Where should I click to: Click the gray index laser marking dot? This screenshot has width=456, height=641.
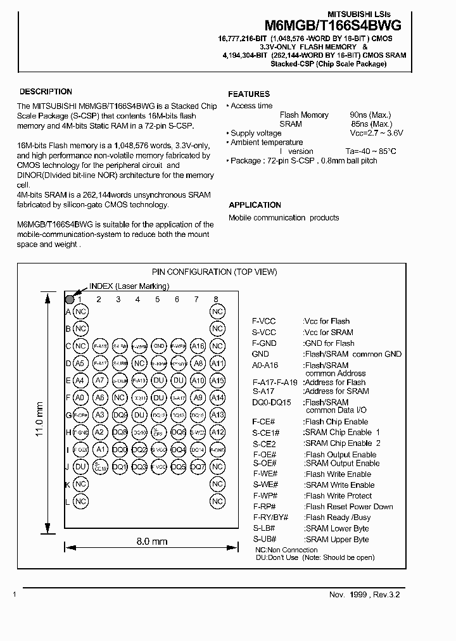click(70, 299)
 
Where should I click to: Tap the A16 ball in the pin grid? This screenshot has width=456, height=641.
click(198, 346)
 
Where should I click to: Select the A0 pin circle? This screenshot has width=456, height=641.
click(80, 398)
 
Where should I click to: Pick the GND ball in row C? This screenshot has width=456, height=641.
click(159, 346)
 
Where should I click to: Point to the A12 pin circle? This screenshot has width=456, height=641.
click(217, 432)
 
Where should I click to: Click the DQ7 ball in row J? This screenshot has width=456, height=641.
click(198, 467)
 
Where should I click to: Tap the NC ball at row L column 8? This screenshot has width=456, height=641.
click(217, 501)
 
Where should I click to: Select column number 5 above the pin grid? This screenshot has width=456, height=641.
click(157, 300)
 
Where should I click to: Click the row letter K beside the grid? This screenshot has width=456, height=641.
click(68, 484)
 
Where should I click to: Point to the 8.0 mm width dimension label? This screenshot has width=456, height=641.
click(152, 542)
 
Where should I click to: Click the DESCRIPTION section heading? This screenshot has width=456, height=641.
click(46, 92)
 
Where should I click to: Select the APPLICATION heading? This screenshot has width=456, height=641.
click(255, 205)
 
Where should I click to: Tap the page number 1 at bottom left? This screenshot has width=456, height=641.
click(15, 595)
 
